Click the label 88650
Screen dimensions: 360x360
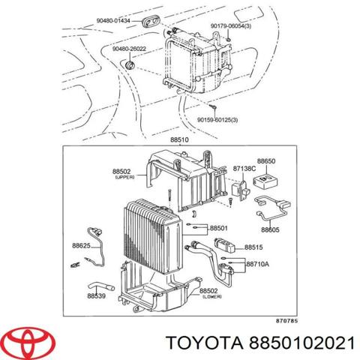[x=267, y=160]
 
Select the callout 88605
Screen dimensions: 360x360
[x=270, y=229]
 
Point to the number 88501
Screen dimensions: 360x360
[x=220, y=228]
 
